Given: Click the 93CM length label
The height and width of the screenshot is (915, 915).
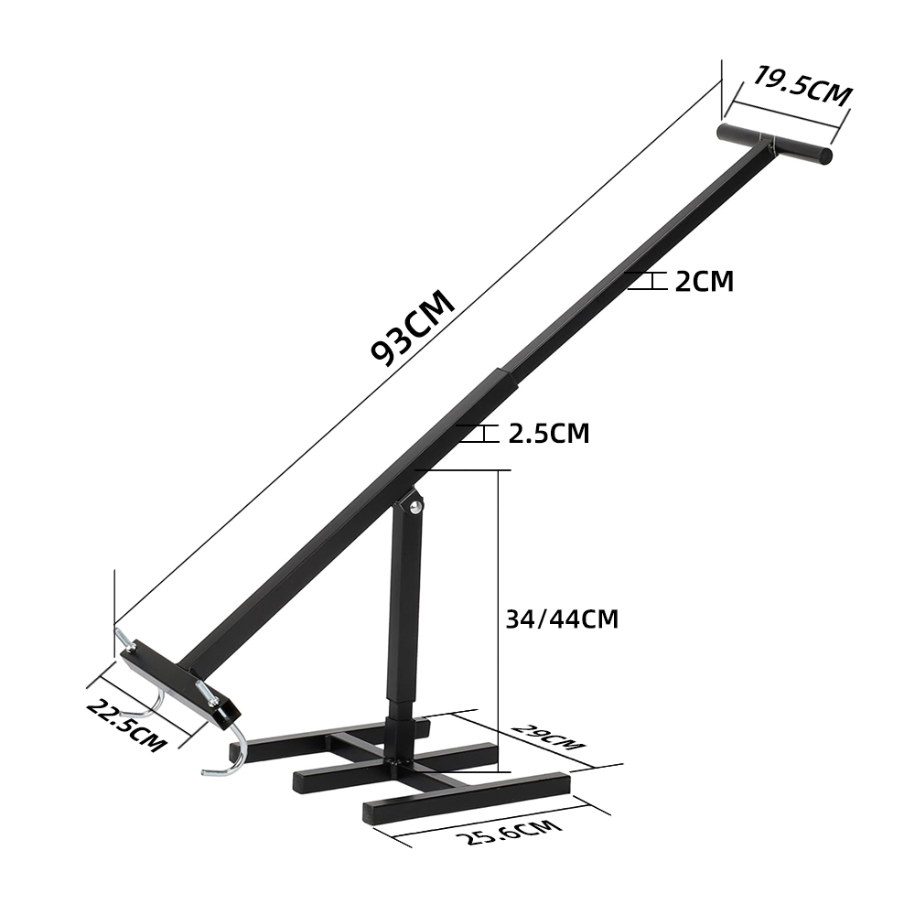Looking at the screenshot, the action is (413, 328).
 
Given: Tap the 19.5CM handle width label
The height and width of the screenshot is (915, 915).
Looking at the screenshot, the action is (803, 86).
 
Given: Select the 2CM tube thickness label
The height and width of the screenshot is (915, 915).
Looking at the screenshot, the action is (705, 281).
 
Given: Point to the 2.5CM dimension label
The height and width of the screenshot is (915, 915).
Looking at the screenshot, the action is (549, 433).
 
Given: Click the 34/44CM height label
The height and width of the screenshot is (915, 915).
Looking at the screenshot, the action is (562, 619).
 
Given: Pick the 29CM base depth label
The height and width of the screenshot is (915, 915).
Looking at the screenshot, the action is (547, 737).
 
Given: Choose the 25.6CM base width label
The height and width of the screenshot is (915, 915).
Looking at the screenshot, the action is (509, 832).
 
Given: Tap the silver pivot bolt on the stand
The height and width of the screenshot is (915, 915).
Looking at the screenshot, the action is (415, 507).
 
